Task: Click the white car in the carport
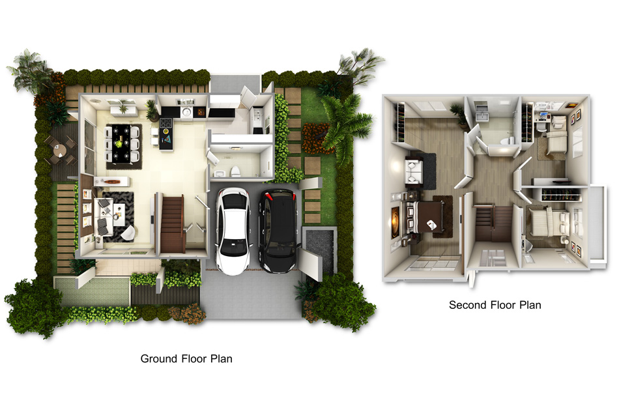pyautogui.click(x=233, y=231)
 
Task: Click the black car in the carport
pyautogui.click(x=279, y=231)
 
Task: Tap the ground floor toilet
pyautogui.click(x=235, y=171)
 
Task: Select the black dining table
pyautogui.click(x=121, y=143)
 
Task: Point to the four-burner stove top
pyautogui.click(x=166, y=123)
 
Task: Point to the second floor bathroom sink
pyautogui.click(x=482, y=117)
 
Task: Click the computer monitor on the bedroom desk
pyautogui.click(x=542, y=115)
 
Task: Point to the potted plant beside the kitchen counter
pyautogui.click(x=152, y=110)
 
